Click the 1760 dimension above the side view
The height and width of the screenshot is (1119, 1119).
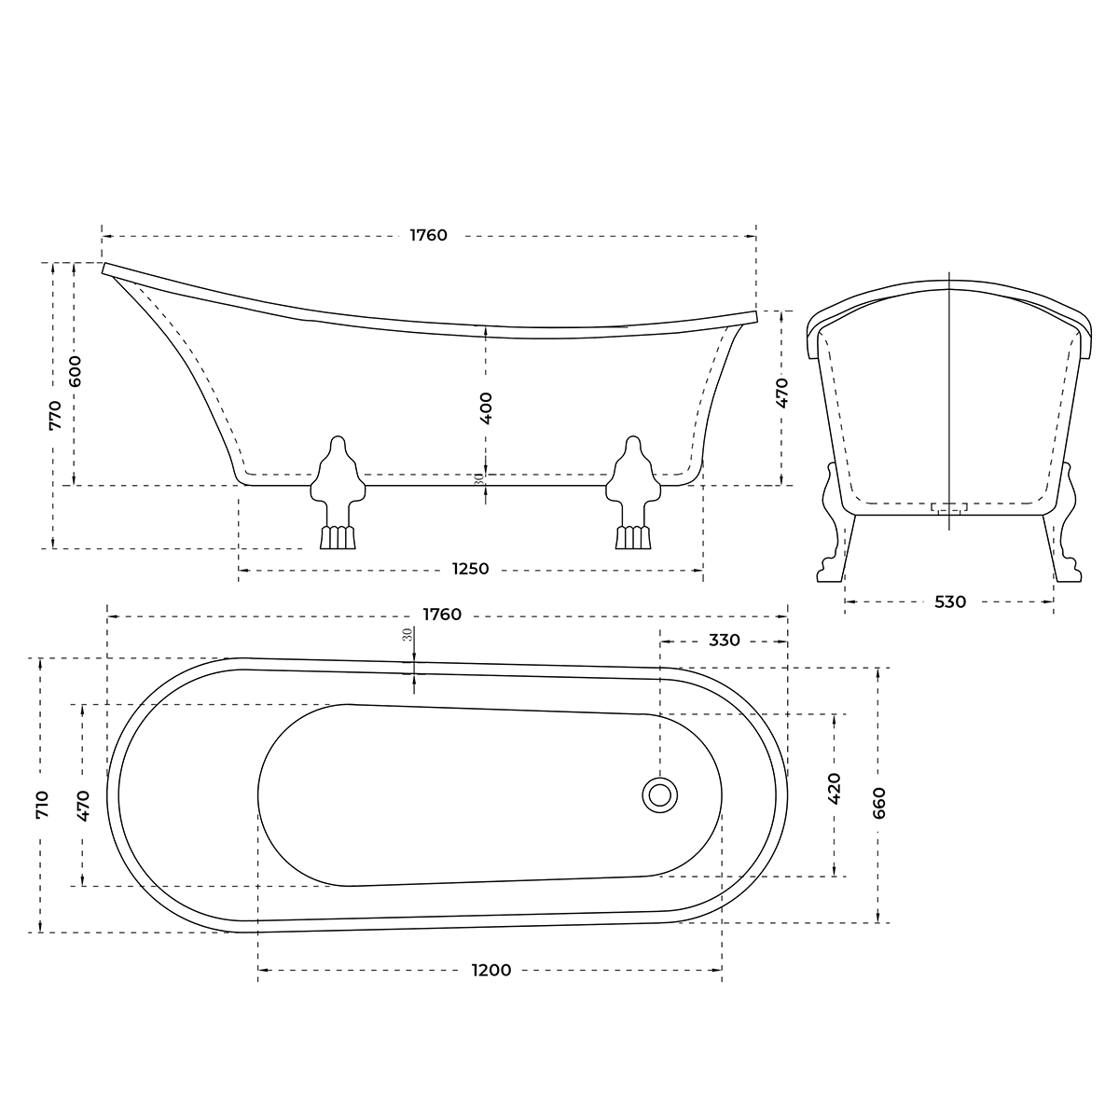pyautogui.click(x=429, y=235)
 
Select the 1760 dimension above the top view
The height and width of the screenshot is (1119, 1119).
pyautogui.click(x=442, y=615)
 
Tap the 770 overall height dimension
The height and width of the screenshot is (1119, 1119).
pyautogui.click(x=55, y=414)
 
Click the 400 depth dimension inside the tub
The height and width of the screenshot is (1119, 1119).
pyautogui.click(x=486, y=408)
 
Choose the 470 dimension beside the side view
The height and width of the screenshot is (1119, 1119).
pyautogui.click(x=781, y=393)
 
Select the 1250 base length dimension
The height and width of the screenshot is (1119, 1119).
pyautogui.click(x=471, y=569)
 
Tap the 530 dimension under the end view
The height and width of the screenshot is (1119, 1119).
pyautogui.click(x=949, y=602)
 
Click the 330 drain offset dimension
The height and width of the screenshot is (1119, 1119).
pyautogui.click(x=725, y=641)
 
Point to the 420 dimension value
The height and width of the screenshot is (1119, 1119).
pyautogui.click(x=834, y=788)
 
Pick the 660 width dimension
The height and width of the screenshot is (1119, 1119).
pyautogui.click(x=878, y=802)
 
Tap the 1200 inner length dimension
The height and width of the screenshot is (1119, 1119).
pyautogui.click(x=490, y=971)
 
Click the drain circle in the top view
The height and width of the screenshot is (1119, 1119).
pyautogui.click(x=660, y=794)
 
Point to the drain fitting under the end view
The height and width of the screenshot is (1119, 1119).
pyautogui.click(x=949, y=507)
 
